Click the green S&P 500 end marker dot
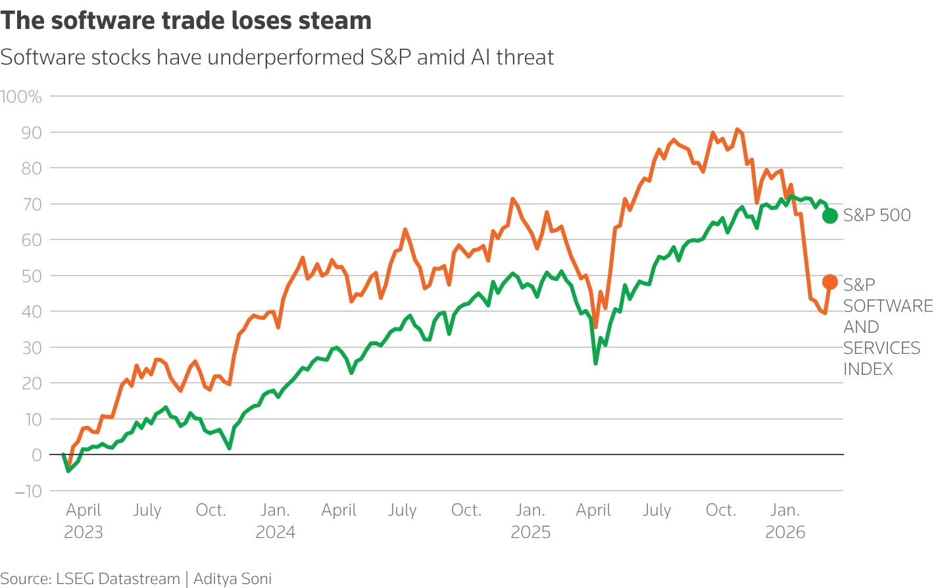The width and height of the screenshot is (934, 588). (x=830, y=215)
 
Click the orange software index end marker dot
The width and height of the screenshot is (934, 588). (x=830, y=282)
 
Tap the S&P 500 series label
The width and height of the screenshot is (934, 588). (x=877, y=215)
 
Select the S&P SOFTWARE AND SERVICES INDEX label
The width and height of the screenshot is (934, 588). (x=887, y=327)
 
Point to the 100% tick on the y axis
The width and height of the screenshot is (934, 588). (x=21, y=97)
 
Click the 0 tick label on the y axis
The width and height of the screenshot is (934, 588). (x=36, y=455)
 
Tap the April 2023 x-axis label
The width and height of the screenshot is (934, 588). (x=84, y=520)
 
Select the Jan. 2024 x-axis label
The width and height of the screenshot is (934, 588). (x=275, y=520)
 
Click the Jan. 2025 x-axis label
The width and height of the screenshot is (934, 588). (x=530, y=520)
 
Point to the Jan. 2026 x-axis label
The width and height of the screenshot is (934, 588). (x=785, y=520)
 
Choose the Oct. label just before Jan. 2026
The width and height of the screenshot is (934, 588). (x=721, y=510)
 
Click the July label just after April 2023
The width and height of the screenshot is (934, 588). (x=147, y=510)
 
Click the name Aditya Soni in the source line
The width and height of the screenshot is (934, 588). (x=232, y=579)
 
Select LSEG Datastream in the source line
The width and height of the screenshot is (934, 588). (x=118, y=579)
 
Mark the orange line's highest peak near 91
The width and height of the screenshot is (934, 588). (x=737, y=129)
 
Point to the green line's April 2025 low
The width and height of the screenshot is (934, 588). (x=595, y=363)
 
